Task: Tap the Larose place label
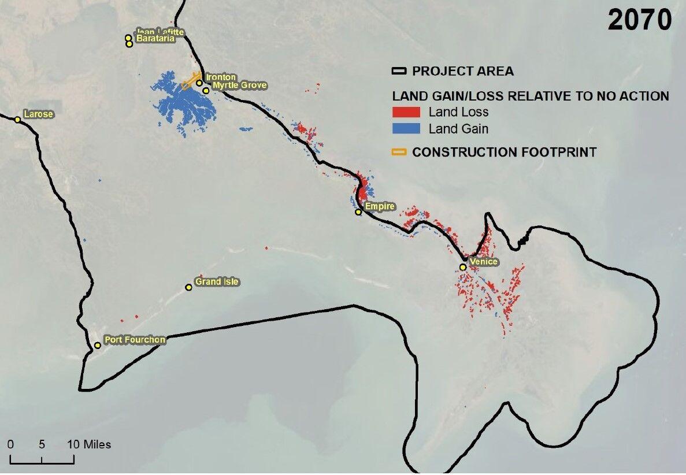(x=38, y=114)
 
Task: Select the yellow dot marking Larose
(x=18, y=120)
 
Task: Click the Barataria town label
(x=155, y=39)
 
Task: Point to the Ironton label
(x=221, y=77)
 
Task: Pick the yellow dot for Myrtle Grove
(x=206, y=91)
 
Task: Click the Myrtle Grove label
(x=239, y=86)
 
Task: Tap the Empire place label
(x=379, y=206)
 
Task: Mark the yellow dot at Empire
(x=358, y=212)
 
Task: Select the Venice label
(x=483, y=262)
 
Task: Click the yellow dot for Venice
(x=463, y=267)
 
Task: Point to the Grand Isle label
(x=217, y=282)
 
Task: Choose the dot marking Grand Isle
(x=188, y=287)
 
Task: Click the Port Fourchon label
(x=135, y=340)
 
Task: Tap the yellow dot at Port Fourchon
(x=98, y=346)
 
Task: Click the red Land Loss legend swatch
(x=406, y=112)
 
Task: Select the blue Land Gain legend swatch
(x=406, y=129)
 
